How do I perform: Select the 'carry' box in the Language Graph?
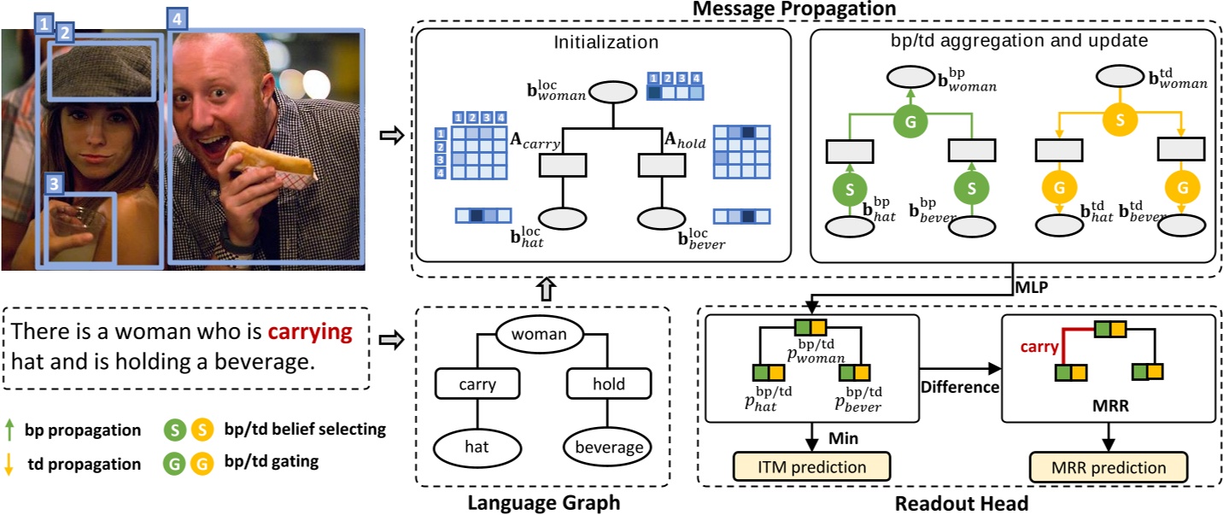coord(477,384)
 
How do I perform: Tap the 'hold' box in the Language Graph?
coord(609,384)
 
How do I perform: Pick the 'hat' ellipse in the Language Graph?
coord(477,445)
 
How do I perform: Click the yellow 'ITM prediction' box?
coord(811,467)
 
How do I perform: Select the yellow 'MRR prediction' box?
coord(1108,467)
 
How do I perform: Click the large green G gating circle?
coord(911,120)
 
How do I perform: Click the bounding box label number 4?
coord(177,18)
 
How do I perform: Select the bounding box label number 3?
coord(54,183)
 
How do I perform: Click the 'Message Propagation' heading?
coord(794,9)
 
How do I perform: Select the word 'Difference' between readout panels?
coord(959,386)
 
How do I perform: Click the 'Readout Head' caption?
coord(961,503)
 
